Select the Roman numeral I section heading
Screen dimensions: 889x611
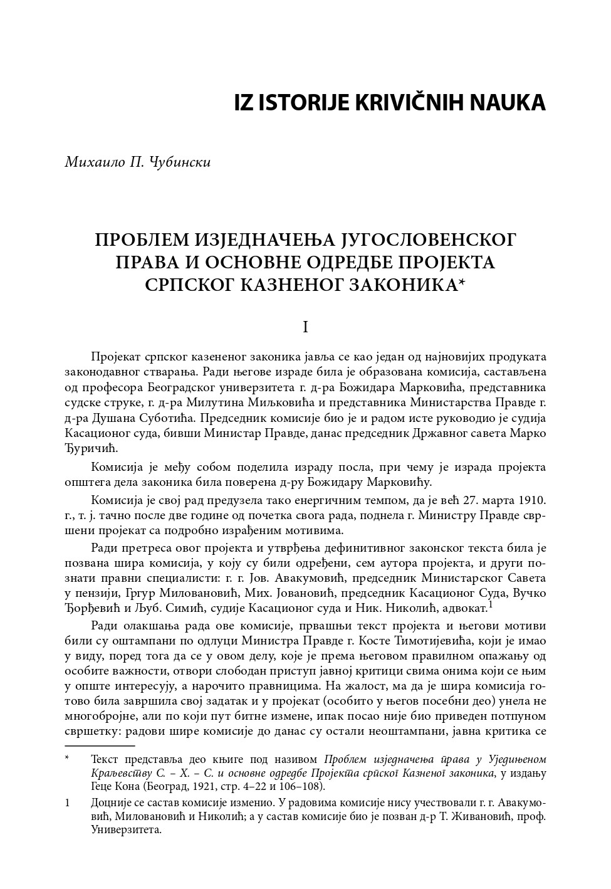(x=305, y=327)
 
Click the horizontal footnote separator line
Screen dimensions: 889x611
(x=100, y=746)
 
